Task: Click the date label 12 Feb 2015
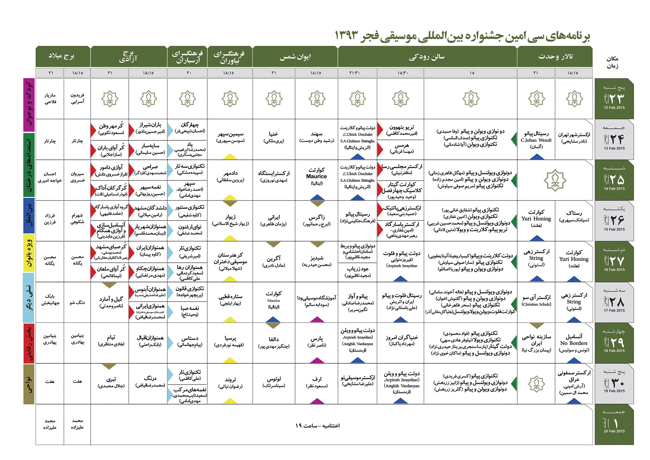(614, 108)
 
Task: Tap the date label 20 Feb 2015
(614, 431)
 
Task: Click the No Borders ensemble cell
(574, 343)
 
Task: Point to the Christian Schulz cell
(536, 301)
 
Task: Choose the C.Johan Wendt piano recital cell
(536, 140)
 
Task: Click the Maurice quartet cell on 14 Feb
(317, 176)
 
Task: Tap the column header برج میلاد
(61, 56)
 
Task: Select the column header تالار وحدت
(555, 57)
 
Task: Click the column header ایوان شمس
(295, 57)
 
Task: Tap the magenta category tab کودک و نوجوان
(29, 105)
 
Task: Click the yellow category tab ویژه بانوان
(29, 253)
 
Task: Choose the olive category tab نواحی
(29, 384)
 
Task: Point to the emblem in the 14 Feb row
(555, 180)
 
